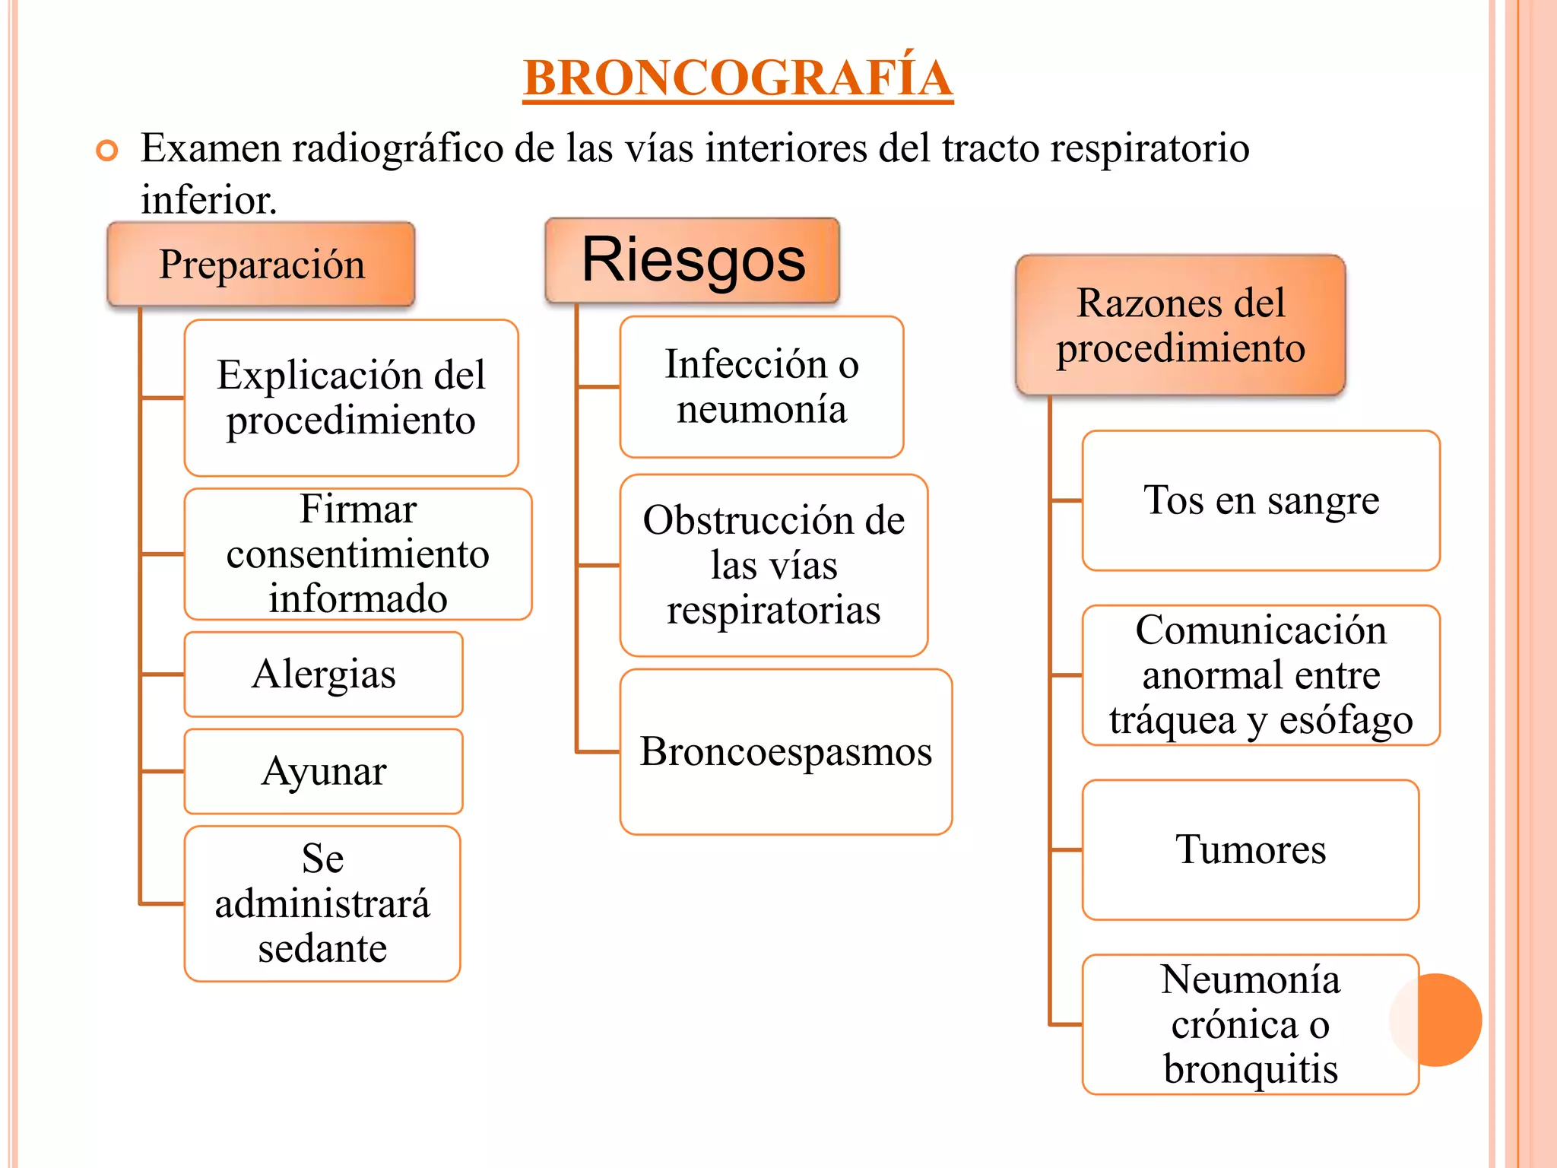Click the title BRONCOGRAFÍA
coord(737,78)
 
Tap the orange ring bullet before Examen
coord(107,151)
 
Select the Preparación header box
coord(262,265)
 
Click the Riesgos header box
coord(693,260)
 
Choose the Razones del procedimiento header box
coord(1181,325)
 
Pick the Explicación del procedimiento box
coord(351,398)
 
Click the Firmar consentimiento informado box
coord(358,554)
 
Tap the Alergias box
coord(324,674)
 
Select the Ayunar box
coord(324,771)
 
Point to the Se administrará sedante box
coord(322,903)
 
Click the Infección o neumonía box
coord(762,387)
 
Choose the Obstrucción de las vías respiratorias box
coord(774,565)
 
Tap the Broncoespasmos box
coord(786,752)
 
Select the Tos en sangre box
coord(1261,500)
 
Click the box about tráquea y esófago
coord(1261,675)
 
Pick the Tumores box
coord(1251,849)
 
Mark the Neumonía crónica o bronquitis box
coord(1251,1024)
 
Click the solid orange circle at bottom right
coord(1439,1020)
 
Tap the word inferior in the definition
coord(208,200)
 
